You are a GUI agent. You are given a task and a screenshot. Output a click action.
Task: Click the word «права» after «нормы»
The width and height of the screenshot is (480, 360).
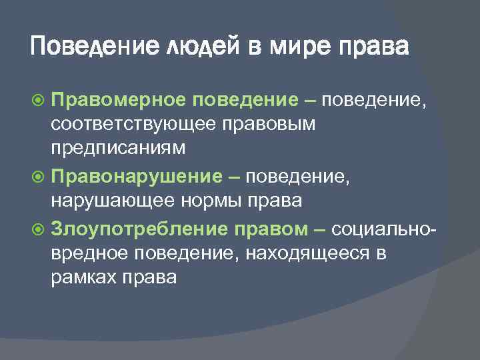pos(275,200)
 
